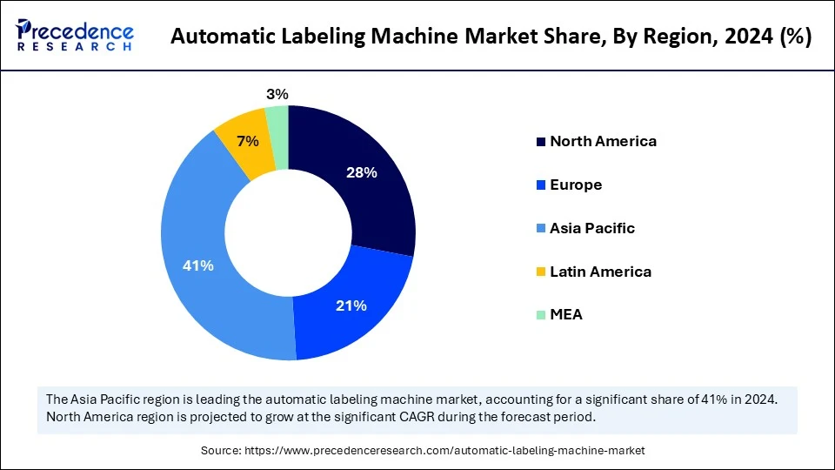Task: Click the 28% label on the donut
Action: pos(361,172)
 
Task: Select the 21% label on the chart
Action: pos(351,305)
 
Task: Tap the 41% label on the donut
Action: pos(197,265)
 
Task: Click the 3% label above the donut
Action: pos(277,94)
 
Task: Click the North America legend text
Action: pos(603,141)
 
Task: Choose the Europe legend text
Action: pos(576,185)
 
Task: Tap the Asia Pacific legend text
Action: pos(592,228)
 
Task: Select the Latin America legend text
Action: pos(600,272)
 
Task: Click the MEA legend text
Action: pos(566,314)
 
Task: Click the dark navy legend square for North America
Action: pos(541,142)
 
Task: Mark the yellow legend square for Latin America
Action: pos(541,272)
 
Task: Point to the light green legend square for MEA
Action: pos(541,315)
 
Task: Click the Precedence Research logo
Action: pos(75,36)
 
